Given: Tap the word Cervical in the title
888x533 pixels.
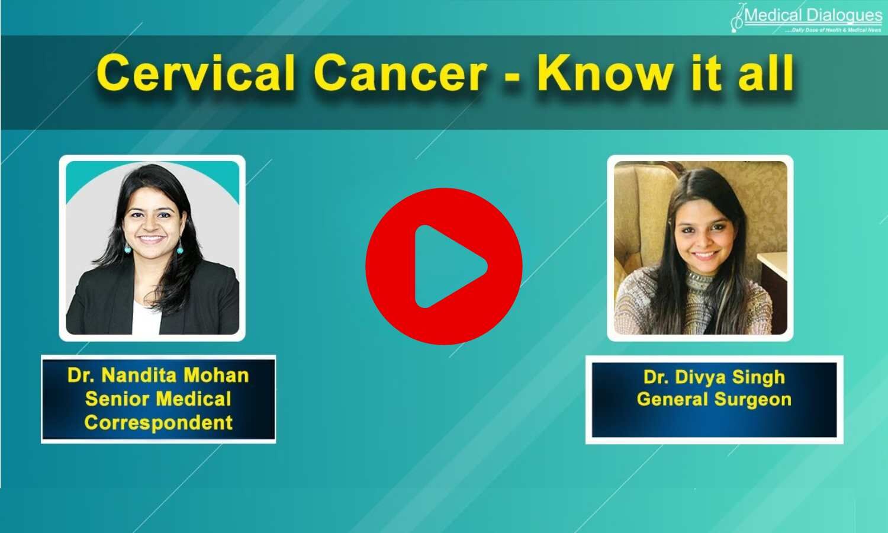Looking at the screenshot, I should pyautogui.click(x=196, y=73).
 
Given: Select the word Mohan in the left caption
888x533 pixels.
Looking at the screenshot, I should pyautogui.click(x=216, y=375).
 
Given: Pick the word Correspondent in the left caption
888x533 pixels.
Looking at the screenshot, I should pyautogui.click(x=158, y=423).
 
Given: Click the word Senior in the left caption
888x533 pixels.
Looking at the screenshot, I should pyautogui.click(x=115, y=399).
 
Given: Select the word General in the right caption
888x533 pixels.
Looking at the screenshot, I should pyautogui.click(x=673, y=399).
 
